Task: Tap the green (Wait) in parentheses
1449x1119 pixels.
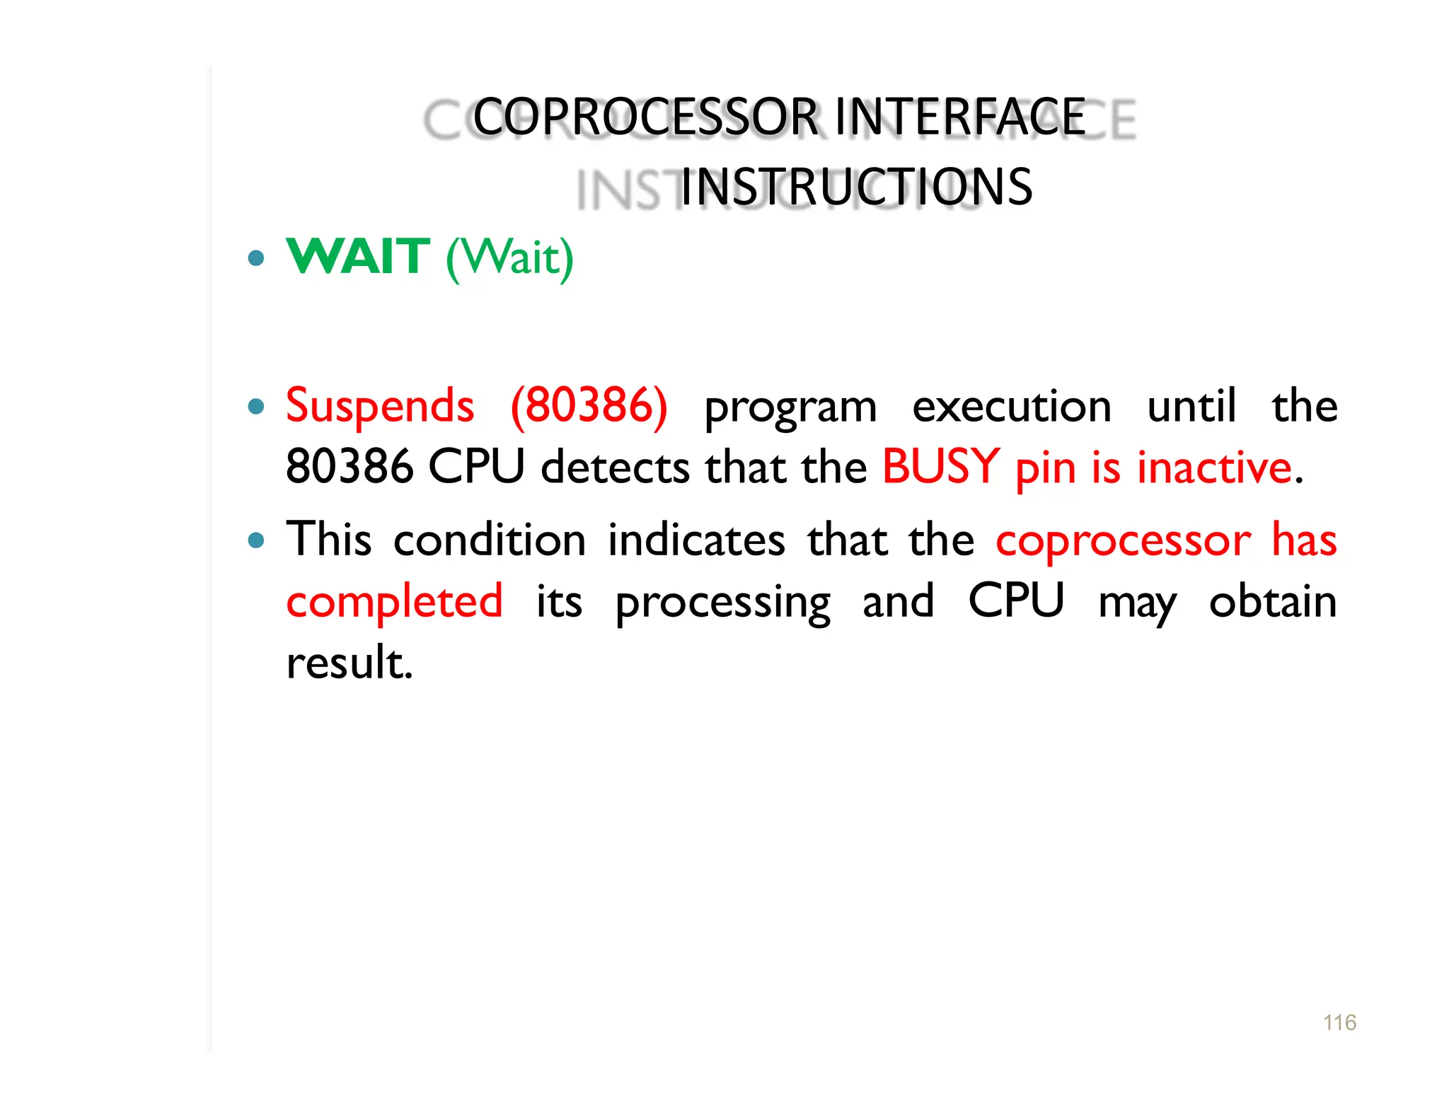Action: tap(509, 257)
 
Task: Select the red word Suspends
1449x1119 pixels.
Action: tap(380, 407)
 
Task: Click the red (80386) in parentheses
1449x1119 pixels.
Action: tap(589, 407)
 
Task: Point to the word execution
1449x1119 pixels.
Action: tap(1012, 407)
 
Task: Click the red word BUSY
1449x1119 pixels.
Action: tap(941, 468)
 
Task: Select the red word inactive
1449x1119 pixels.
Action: tap(1214, 468)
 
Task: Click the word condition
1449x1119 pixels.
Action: tap(490, 540)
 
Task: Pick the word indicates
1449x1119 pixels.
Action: tap(696, 540)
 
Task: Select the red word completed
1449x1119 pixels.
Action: tap(394, 601)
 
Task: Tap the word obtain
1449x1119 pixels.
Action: tap(1272, 602)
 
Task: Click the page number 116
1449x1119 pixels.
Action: tap(1339, 1022)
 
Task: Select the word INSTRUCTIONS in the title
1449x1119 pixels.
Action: tap(856, 187)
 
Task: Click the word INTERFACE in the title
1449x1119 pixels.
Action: tap(960, 117)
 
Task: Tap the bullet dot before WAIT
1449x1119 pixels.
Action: tap(257, 257)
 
